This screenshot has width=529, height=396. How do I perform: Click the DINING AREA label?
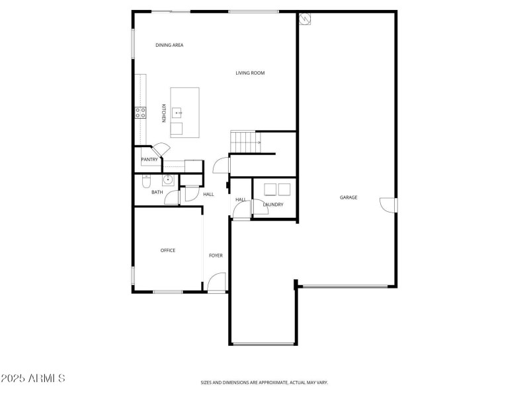(x=169, y=45)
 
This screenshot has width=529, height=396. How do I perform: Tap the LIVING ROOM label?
(x=250, y=73)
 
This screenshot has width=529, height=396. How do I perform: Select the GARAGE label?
(x=348, y=197)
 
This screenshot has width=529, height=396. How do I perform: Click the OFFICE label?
(x=168, y=250)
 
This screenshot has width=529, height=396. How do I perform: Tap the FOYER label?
(x=216, y=255)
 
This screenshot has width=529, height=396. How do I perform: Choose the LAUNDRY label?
(x=273, y=205)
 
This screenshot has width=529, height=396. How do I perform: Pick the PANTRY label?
(x=149, y=159)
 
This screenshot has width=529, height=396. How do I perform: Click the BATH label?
(x=157, y=192)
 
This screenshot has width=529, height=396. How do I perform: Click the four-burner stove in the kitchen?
(x=140, y=113)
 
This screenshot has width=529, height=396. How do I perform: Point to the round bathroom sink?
(x=169, y=179)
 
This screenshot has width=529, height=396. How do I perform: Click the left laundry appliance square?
(x=270, y=189)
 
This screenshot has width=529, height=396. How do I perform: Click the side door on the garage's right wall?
(x=387, y=205)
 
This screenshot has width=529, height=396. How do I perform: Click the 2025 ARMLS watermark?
(x=33, y=379)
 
